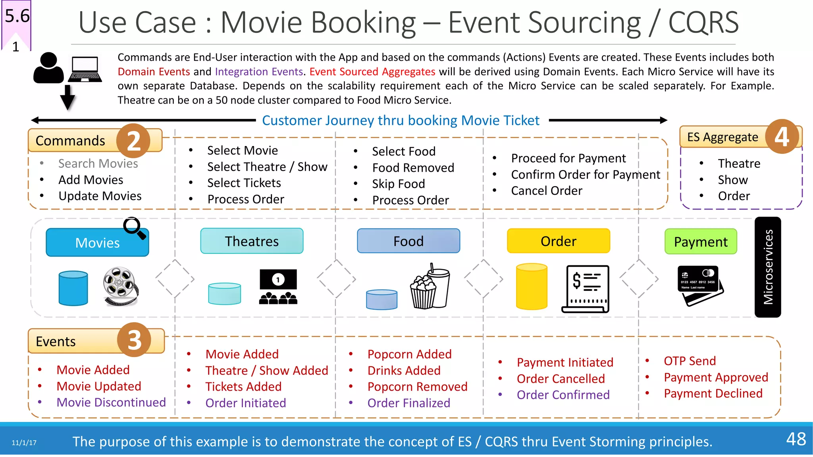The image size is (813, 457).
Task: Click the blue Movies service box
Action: point(97,242)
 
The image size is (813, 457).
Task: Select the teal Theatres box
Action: point(252,241)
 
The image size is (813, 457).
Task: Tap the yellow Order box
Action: point(558,241)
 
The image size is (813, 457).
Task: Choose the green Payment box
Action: point(701,242)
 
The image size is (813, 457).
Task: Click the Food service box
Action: point(408,241)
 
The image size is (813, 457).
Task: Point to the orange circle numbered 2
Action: point(133,140)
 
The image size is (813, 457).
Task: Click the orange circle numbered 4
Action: point(782,137)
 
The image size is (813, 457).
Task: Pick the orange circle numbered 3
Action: point(134,340)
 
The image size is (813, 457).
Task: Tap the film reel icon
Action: point(120,286)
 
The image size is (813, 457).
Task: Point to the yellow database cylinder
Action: point(532,286)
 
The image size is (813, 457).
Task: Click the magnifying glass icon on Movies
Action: point(134,228)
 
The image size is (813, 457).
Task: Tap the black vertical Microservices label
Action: point(768,267)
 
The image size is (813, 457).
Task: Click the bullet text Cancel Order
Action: point(546,191)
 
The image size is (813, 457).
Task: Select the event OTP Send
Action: point(690,361)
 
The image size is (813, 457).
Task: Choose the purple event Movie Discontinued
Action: point(111,402)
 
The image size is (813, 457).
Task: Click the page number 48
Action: point(796,439)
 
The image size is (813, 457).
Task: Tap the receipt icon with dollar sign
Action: point(586,288)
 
